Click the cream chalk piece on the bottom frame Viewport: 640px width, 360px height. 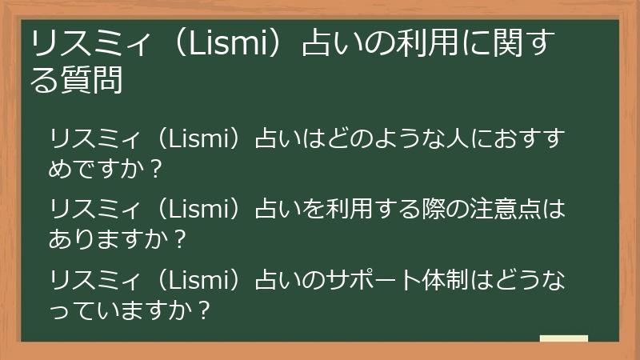[x=564, y=339]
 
